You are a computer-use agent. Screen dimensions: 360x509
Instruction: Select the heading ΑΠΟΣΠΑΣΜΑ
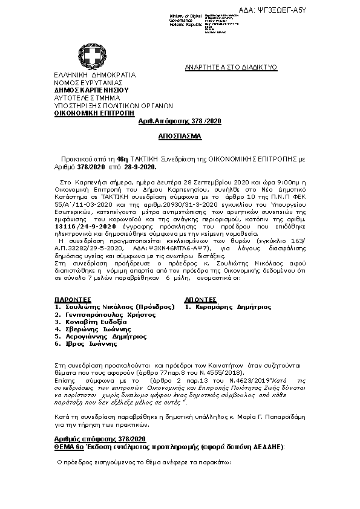(x=180, y=137)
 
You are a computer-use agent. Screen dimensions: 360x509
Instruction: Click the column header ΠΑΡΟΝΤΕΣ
(x=73, y=299)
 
